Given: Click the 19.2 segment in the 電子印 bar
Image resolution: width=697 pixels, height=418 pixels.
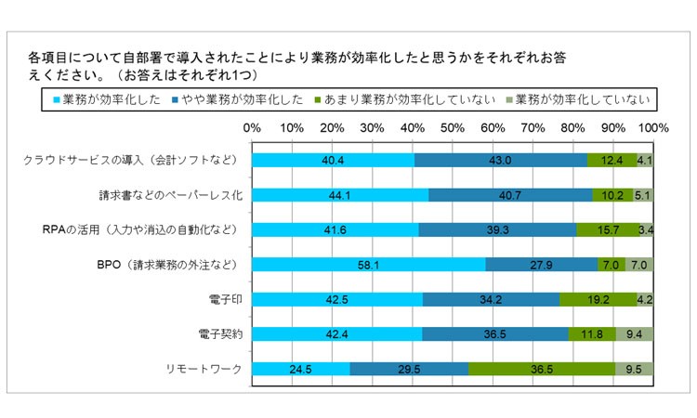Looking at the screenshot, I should coord(598,299).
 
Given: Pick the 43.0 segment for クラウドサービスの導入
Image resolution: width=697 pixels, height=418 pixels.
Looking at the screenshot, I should coord(500,161).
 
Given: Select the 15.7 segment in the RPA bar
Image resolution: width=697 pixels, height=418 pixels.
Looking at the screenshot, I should coord(607,229).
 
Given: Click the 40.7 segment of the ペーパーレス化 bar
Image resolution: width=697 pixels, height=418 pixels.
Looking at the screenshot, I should coord(510,195).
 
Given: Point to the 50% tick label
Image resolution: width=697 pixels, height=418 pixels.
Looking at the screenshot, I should coord(453,126).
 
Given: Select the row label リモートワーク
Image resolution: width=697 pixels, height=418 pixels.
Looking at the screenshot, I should coord(206,368).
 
